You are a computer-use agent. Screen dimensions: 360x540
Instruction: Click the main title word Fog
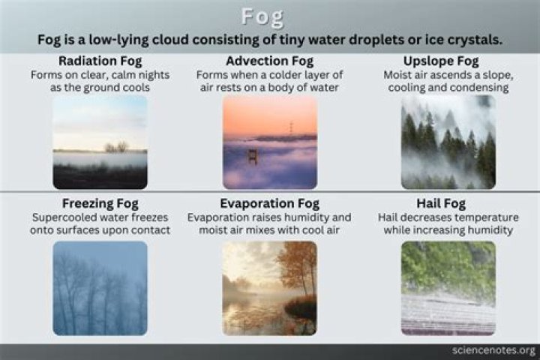click(x=269, y=16)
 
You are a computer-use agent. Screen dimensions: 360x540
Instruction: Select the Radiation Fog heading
click(x=100, y=61)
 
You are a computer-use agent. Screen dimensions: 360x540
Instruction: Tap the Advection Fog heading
click(x=269, y=61)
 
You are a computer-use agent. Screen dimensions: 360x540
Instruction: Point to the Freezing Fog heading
click(x=100, y=203)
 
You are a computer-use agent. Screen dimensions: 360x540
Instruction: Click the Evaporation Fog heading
click(x=269, y=203)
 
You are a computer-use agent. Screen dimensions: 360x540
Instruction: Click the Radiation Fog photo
click(x=100, y=142)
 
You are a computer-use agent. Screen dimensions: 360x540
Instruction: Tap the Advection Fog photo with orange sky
click(x=269, y=142)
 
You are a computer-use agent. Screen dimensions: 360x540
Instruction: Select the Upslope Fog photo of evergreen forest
click(x=448, y=142)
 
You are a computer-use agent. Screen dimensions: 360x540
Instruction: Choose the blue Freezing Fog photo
click(x=100, y=288)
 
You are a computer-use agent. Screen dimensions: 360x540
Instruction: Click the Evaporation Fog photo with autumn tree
click(x=269, y=288)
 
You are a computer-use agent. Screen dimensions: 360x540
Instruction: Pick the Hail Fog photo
click(x=448, y=288)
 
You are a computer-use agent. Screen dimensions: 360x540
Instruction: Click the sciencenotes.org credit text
click(x=493, y=350)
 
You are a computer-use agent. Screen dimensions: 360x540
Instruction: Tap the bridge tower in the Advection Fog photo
click(x=253, y=155)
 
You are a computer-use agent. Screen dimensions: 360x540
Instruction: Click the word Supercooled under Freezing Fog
click(x=64, y=217)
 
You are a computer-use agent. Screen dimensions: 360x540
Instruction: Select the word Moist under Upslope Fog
click(x=398, y=75)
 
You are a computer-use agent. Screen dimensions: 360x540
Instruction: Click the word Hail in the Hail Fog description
click(x=390, y=217)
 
